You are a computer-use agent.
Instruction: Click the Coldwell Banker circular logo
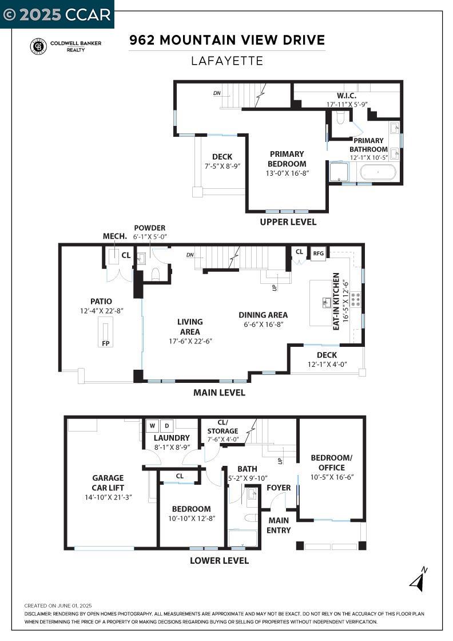click(x=38, y=46)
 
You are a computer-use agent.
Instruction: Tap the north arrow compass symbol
click(x=419, y=580)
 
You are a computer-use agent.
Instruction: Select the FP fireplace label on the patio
click(x=105, y=343)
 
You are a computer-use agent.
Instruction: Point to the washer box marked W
click(x=153, y=426)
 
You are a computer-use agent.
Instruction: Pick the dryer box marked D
click(x=167, y=426)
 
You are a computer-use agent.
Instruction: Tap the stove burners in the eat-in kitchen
click(x=355, y=298)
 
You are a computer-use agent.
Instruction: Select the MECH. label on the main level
click(x=114, y=236)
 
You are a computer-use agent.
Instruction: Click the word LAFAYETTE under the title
click(x=227, y=61)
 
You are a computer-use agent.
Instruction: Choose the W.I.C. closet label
click(x=346, y=96)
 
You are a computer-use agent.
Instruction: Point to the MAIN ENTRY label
click(x=279, y=525)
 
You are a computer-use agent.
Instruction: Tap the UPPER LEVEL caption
click(x=288, y=222)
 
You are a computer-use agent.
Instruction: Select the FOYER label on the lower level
click(x=279, y=488)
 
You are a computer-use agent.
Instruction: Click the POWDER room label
click(x=150, y=228)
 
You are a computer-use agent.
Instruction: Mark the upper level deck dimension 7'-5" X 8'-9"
click(x=222, y=167)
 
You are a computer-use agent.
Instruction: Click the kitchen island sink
click(x=327, y=303)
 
